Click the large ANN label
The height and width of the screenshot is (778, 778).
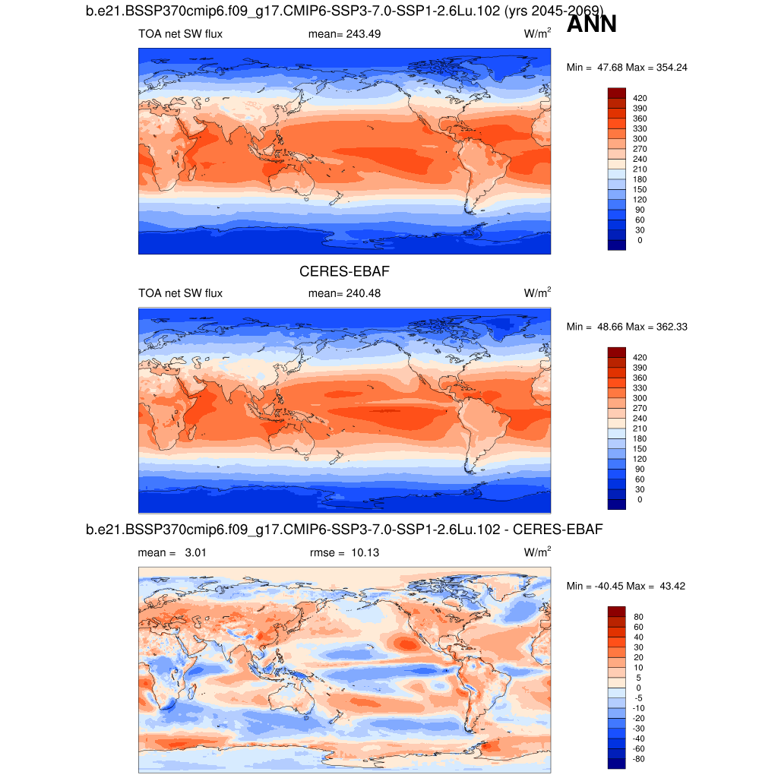point(592,24)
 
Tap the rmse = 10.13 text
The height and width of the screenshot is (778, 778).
point(345,553)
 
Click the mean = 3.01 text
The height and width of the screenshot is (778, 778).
point(172,553)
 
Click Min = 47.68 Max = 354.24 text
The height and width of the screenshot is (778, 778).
point(627,68)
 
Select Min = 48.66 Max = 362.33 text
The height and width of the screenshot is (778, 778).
point(627,327)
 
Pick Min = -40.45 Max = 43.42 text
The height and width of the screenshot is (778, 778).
point(627,586)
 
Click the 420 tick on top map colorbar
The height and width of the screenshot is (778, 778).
point(640,98)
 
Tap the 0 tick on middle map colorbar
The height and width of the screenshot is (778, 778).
point(640,499)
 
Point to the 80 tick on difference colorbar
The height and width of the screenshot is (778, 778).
point(638,617)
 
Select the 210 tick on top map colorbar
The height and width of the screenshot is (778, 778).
point(640,169)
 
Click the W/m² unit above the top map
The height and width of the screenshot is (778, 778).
point(537,34)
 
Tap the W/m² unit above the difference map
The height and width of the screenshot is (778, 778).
point(537,552)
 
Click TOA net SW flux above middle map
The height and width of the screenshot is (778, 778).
point(180,293)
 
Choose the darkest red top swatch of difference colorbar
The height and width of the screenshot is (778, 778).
point(616,612)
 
